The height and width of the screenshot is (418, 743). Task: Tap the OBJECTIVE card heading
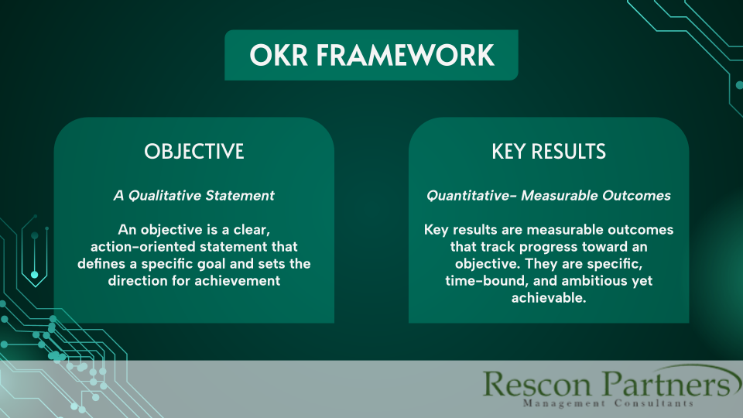tap(193, 152)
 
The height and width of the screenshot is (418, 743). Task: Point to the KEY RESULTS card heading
tap(549, 152)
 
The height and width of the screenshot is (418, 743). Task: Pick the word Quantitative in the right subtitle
tap(471, 196)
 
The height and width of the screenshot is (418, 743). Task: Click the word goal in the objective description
tap(217, 264)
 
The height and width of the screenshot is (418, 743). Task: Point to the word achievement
tap(241, 281)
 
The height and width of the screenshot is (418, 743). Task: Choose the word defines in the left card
tap(100, 264)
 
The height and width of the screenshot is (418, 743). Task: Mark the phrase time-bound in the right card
tap(484, 281)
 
